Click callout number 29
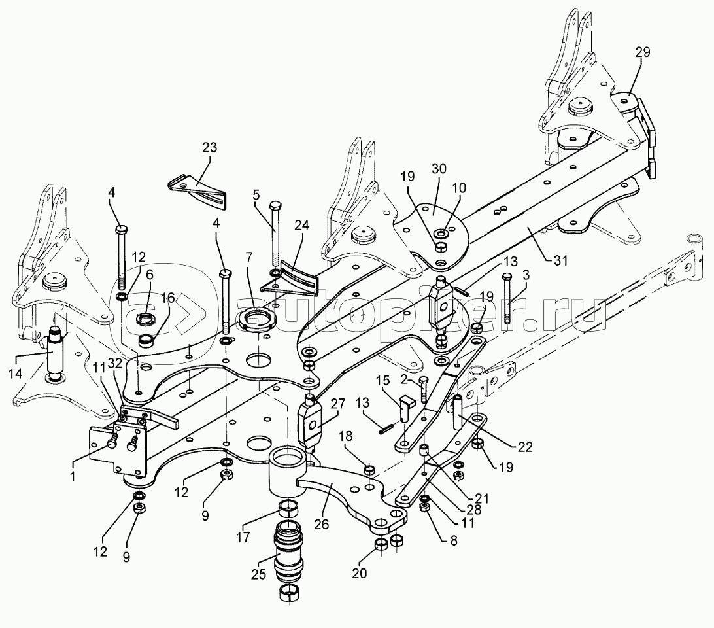click(643, 52)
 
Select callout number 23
click(210, 148)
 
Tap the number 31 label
click(561, 260)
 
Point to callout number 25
click(259, 574)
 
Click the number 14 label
click(15, 374)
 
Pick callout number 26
click(322, 525)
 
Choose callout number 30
click(439, 169)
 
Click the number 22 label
click(525, 447)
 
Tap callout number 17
click(244, 537)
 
